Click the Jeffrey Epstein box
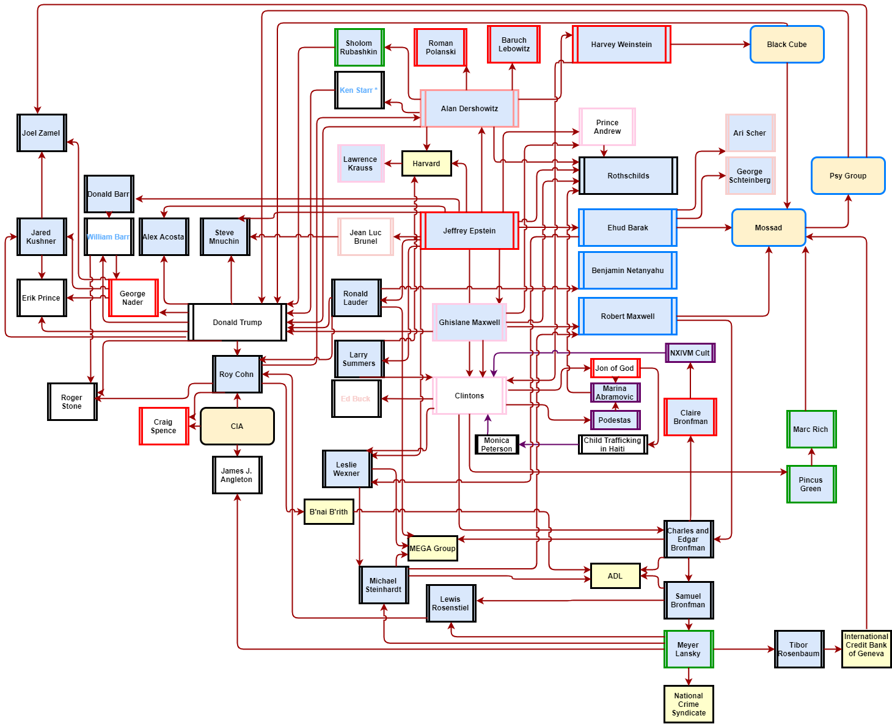point(469,231)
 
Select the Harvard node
point(426,164)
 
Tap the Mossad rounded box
point(769,228)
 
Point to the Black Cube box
point(787,45)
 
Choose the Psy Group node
point(848,176)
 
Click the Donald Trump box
point(237,323)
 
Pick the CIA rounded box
point(237,426)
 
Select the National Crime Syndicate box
point(689,704)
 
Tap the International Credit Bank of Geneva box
point(866,649)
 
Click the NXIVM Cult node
point(690,353)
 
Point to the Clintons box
point(469,396)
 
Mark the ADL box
point(615,576)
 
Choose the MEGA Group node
point(433,549)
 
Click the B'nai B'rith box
point(329,512)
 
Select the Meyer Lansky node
point(689,649)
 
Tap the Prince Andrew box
point(607,127)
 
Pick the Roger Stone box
point(72,402)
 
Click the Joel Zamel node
point(42,133)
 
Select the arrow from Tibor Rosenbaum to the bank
point(833,649)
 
